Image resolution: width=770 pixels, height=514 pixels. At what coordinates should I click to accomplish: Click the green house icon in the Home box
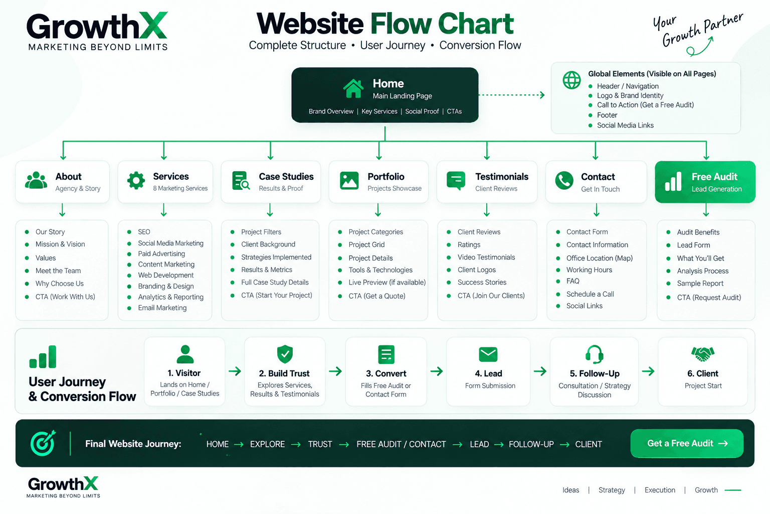tap(353, 88)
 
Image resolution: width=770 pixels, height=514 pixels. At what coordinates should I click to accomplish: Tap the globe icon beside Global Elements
tap(571, 80)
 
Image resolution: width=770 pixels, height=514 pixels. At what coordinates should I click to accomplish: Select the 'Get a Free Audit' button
tap(687, 443)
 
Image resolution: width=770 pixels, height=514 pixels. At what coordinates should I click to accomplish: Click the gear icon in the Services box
tap(136, 180)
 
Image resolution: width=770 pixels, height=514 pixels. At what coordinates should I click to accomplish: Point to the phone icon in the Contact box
tap(564, 180)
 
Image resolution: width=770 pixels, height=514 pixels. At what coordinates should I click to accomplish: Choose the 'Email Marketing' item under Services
tap(162, 308)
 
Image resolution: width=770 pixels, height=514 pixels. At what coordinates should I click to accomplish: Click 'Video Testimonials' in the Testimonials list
tap(486, 257)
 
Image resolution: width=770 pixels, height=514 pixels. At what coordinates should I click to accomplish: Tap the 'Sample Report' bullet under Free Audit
tap(700, 283)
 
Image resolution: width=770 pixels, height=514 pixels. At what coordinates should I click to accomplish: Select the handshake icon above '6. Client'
tap(703, 354)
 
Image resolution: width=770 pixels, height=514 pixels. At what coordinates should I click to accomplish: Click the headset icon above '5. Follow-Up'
tap(595, 354)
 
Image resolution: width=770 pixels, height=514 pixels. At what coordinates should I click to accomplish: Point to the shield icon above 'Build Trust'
tap(285, 354)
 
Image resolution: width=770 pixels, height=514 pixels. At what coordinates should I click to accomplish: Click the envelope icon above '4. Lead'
tap(488, 354)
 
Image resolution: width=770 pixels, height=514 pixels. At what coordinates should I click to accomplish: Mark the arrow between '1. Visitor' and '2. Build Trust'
tap(235, 371)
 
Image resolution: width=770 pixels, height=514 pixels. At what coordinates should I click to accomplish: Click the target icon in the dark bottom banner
tap(43, 443)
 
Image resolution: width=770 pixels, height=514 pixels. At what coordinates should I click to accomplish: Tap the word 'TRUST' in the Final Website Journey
tap(320, 444)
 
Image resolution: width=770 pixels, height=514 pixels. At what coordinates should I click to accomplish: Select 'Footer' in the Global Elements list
tap(607, 115)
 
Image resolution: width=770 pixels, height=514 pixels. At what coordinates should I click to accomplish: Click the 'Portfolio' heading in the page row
tap(386, 177)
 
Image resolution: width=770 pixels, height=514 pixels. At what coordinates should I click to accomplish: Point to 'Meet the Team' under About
tap(58, 271)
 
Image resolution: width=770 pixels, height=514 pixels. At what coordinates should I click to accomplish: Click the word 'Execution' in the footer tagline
tap(660, 490)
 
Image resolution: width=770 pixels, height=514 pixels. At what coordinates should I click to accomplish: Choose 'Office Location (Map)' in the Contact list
tap(600, 258)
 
